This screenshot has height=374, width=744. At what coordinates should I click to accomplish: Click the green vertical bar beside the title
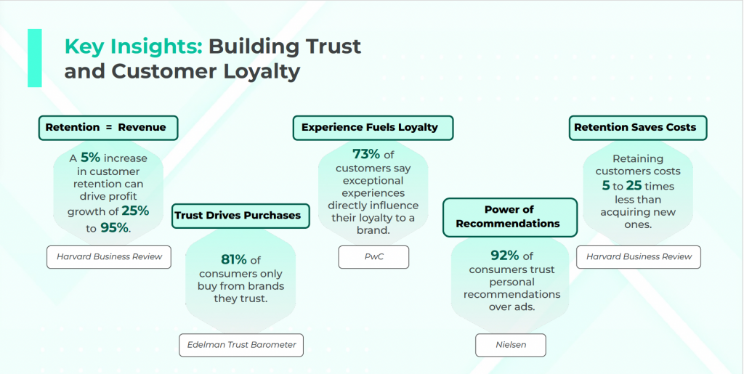[35, 58]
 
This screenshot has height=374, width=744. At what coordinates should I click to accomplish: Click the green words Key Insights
[134, 46]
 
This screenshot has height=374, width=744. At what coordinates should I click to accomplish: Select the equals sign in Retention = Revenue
[109, 128]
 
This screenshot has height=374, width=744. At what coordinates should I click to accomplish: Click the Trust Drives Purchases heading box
[240, 216]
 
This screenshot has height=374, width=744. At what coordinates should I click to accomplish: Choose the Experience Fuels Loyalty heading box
[373, 128]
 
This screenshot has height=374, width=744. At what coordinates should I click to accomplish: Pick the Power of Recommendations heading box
[510, 217]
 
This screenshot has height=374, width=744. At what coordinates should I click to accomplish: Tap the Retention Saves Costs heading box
[638, 128]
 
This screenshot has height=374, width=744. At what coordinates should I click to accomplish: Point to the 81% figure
[234, 260]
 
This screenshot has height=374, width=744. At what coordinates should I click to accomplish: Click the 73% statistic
[366, 154]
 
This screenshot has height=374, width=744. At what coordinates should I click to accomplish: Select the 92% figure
[506, 256]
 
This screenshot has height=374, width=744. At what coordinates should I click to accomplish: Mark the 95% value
[114, 228]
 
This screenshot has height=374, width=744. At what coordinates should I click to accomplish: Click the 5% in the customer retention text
[89, 158]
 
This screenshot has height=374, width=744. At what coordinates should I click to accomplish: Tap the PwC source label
[373, 257]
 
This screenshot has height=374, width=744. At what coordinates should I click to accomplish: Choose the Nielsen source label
[511, 345]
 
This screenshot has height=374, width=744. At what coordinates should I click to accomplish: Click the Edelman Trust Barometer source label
[241, 345]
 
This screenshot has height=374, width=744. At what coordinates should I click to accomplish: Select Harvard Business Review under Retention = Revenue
[109, 257]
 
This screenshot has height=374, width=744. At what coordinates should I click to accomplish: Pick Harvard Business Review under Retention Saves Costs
[639, 257]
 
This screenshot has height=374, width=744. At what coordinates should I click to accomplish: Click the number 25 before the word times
[634, 185]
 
